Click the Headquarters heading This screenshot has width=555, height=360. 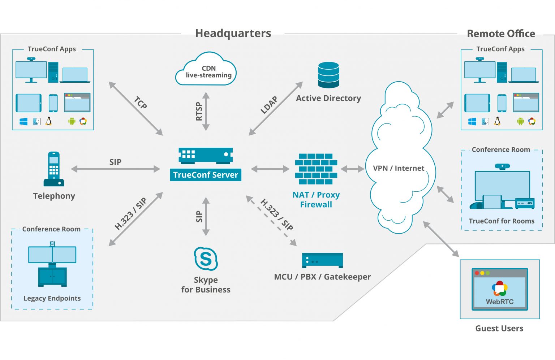[233, 34]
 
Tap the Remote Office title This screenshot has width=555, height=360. [501, 34]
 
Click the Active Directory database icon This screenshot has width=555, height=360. [328, 75]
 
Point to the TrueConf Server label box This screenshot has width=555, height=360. [206, 175]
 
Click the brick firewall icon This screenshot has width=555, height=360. [316, 169]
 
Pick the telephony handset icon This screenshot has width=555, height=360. [54, 169]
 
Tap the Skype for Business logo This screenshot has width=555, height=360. [206, 259]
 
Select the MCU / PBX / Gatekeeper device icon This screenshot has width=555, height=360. [322, 260]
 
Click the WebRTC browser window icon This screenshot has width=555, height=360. [500, 289]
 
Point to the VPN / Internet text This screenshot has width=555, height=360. [399, 168]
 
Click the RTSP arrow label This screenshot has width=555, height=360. [199, 111]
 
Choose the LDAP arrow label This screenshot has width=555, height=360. [269, 105]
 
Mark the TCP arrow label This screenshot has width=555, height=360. [141, 103]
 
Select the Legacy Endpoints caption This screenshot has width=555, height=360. [52, 298]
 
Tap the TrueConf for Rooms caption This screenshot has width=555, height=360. [502, 221]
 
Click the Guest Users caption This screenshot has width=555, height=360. [499, 328]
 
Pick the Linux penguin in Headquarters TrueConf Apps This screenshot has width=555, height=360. [49, 121]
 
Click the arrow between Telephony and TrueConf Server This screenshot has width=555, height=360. [116, 169]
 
